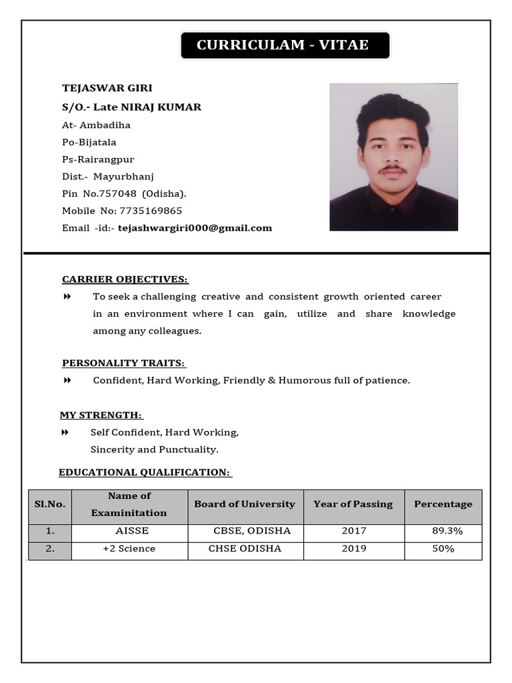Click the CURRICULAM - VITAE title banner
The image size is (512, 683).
[x=285, y=45]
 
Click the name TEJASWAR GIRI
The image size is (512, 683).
[x=107, y=88]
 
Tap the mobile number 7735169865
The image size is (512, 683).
[x=151, y=211]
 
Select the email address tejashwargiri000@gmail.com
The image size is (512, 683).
[x=195, y=228]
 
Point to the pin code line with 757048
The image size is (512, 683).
[x=124, y=193]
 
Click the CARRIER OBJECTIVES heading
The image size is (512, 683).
[x=125, y=279]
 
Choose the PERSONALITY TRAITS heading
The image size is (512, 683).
[x=124, y=363]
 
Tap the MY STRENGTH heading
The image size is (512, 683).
[x=102, y=415]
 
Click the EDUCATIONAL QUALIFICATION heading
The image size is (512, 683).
[x=145, y=472]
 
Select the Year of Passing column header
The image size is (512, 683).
[x=353, y=504]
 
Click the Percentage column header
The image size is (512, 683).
[x=443, y=504]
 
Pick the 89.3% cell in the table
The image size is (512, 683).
[x=447, y=532]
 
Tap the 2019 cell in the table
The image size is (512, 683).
[x=353, y=549]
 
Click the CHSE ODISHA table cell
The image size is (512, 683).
[x=245, y=549]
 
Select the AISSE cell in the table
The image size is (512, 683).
[x=132, y=532]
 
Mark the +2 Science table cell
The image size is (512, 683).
[x=129, y=549]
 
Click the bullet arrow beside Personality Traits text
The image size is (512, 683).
[x=67, y=380]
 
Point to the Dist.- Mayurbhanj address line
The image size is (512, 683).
[x=108, y=177]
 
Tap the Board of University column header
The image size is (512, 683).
[x=245, y=504]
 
